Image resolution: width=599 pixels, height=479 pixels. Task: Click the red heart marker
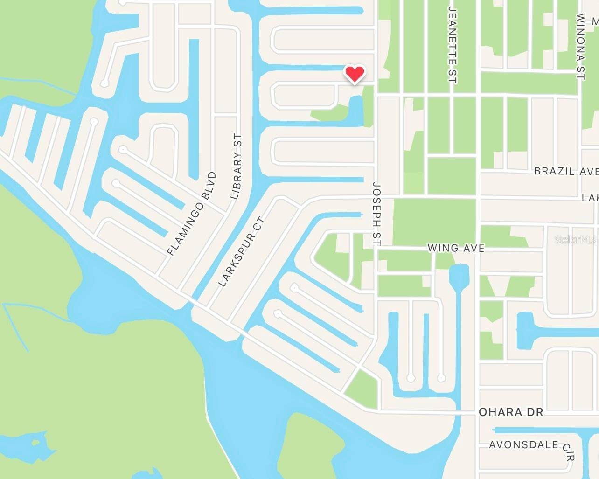point(355,74)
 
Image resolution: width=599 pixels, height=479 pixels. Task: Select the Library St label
point(237,167)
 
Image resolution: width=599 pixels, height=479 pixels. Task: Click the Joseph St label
point(377,214)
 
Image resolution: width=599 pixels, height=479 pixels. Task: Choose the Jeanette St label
point(452,45)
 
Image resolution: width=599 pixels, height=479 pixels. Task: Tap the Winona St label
point(580,47)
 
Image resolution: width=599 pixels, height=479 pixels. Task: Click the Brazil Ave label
point(566,171)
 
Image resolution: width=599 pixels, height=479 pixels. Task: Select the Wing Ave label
point(456,248)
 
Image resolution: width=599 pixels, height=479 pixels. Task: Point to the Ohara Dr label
point(511,412)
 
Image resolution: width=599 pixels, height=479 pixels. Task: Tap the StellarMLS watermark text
point(576,240)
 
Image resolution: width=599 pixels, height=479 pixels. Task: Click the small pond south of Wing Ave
point(459,275)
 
